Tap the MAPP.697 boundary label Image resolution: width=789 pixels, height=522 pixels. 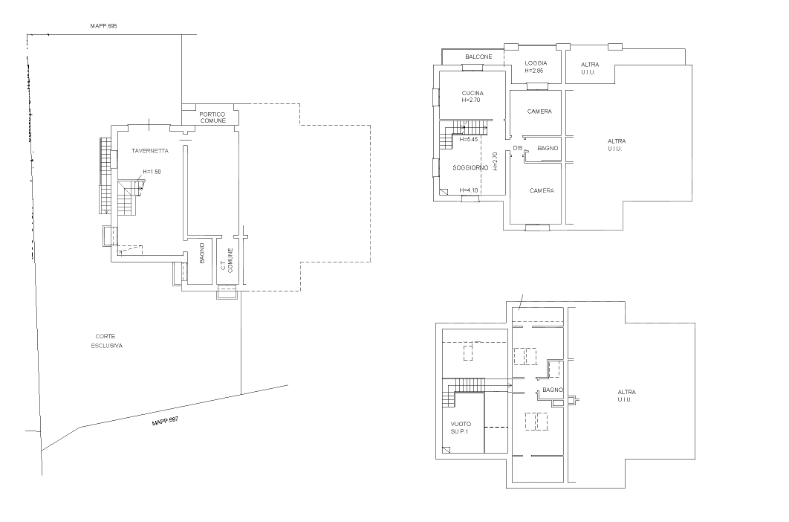coord(165,422)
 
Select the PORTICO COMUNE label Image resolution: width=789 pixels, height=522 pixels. coord(212,117)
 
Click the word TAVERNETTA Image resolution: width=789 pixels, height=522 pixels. coord(150,151)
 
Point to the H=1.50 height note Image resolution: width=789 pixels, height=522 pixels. coord(152,172)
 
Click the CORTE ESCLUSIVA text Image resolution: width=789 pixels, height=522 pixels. coord(107,341)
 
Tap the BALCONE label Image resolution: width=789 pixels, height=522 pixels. coord(478,57)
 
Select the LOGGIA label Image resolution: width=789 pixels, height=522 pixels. coord(536,63)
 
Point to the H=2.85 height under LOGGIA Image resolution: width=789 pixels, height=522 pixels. coord(535,71)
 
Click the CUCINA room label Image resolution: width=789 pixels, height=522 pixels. coord(472,93)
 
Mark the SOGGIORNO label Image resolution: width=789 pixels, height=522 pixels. coord(470,168)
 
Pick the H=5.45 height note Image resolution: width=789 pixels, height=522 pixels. coord(470,139)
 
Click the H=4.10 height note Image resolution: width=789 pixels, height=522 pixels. coord(469,190)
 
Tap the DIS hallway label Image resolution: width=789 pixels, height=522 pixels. coord(518,149)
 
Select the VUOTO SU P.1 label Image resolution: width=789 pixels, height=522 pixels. coord(461,428)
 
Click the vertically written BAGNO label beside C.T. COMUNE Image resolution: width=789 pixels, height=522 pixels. coord(202,254)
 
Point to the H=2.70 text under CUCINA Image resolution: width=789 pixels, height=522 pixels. coord(472,100)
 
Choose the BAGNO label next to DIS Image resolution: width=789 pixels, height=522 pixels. coord(548,149)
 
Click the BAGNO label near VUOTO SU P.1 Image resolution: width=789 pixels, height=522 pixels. coord(552,390)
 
